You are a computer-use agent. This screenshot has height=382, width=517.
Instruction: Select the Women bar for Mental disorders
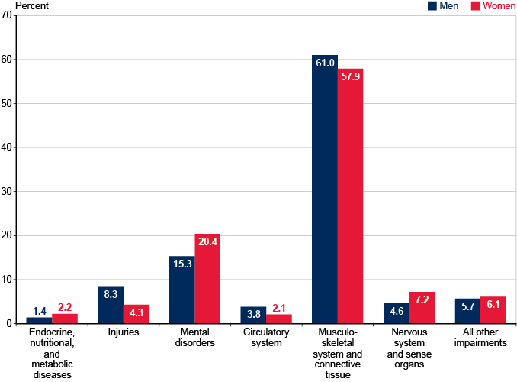coord(207,278)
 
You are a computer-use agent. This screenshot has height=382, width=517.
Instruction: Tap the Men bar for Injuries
coord(111,305)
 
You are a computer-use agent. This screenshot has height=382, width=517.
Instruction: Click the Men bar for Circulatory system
coord(253,315)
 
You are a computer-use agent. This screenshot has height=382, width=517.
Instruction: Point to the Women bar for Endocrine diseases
coord(65,319)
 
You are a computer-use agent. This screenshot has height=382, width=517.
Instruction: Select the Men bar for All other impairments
coord(467,311)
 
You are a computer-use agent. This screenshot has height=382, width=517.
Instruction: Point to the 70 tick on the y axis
coord(6,15)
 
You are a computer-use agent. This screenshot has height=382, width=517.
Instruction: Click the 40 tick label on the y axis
coord(6,147)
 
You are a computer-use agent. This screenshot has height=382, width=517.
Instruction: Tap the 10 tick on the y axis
coord(6,280)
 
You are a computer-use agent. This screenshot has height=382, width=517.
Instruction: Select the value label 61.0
coord(325,63)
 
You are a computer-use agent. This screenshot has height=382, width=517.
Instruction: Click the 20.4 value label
coord(207,242)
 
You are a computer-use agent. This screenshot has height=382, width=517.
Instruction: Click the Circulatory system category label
coord(266,338)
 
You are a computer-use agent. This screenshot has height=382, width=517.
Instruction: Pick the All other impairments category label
coord(480,338)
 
